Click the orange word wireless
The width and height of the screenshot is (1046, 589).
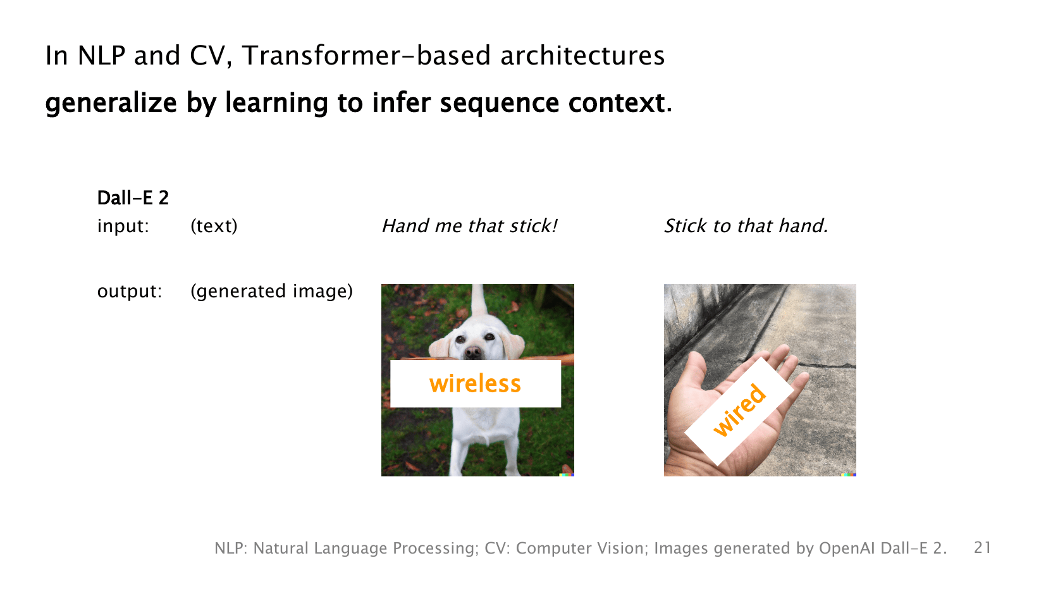point(475,383)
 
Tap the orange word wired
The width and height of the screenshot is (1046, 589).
point(739,410)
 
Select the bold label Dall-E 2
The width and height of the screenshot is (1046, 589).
point(133,198)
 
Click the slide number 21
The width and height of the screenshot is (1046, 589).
point(982,547)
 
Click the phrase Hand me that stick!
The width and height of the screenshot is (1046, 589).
point(469,226)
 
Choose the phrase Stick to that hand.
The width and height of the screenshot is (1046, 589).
point(746,226)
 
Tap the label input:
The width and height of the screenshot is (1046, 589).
point(123,226)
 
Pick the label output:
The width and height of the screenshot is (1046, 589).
point(130,291)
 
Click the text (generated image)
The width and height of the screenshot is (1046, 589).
point(271,291)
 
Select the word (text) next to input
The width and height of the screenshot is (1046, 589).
point(214,226)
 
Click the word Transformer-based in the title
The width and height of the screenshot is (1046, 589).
point(366,56)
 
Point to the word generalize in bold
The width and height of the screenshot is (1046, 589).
point(111,103)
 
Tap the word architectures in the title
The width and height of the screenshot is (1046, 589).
point(582,56)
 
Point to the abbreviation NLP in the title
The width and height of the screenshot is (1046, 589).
point(102,56)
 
